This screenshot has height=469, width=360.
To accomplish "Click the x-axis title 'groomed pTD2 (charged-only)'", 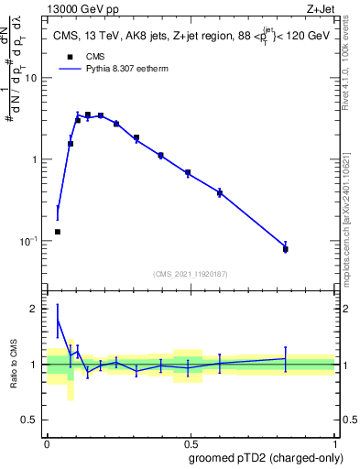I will (267, 456).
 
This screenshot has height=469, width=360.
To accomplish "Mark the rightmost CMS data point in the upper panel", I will (286, 249).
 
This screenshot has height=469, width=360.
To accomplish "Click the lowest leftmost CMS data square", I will (58, 232).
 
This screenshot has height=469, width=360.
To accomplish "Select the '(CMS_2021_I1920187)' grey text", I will (191, 273).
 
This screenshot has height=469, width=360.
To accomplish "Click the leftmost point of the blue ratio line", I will (58, 320).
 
